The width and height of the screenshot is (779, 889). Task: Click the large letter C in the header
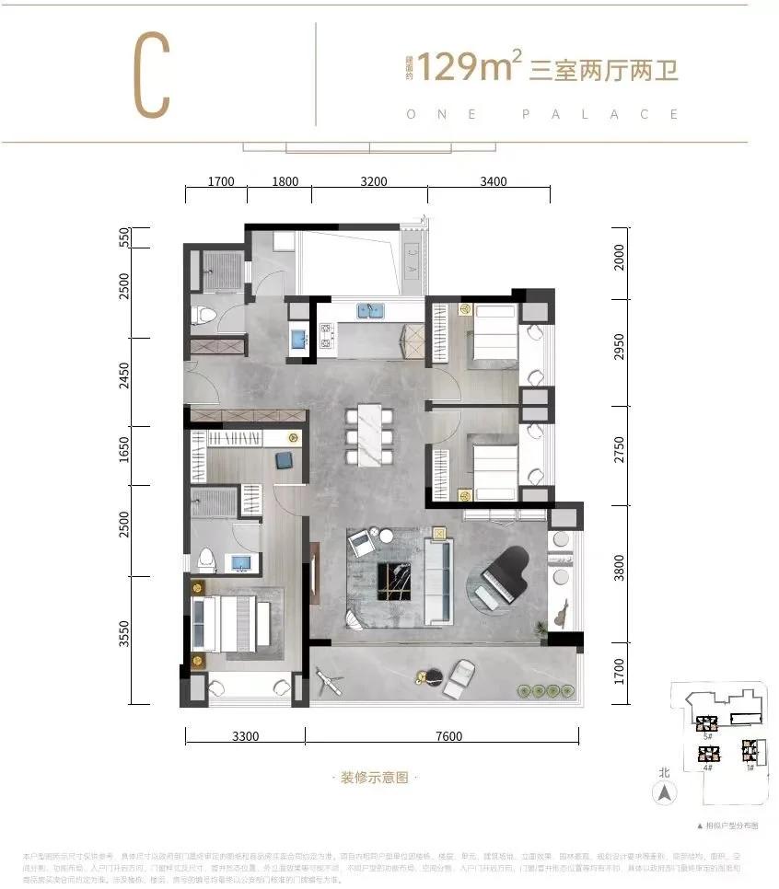[152, 78]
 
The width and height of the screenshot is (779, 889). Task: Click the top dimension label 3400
[493, 181]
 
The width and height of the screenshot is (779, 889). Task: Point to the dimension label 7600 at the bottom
[446, 735]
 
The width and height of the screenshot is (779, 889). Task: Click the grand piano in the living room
[501, 578]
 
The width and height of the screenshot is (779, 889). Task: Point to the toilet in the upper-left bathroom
[206, 317]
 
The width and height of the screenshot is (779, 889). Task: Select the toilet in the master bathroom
[206, 558]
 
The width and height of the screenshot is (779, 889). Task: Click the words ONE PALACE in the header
[543, 115]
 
